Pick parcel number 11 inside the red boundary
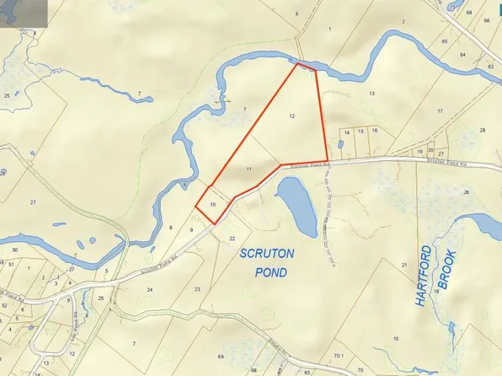tap(249, 170)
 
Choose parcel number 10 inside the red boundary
tap(212, 204)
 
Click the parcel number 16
tap(374, 131)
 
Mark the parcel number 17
tap(440, 110)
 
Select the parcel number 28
tap(483, 130)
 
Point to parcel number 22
tap(232, 239)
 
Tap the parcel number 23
tap(197, 288)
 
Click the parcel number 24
tap(150, 289)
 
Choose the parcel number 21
tap(404, 265)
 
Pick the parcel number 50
tap(14, 250)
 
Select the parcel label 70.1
tap(338, 358)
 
